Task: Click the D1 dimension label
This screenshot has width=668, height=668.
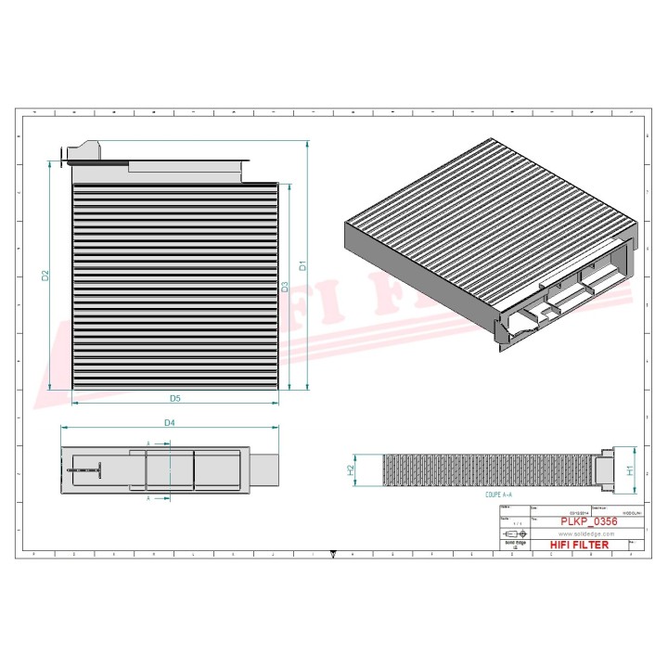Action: (x=302, y=265)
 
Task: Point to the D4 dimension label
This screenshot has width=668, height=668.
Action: (x=170, y=423)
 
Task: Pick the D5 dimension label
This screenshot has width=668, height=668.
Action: (x=174, y=399)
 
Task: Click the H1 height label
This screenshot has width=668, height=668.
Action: (x=631, y=469)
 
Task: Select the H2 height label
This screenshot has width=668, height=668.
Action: (x=351, y=470)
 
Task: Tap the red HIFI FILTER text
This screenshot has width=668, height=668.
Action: (x=580, y=545)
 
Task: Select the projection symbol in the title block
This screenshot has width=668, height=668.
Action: (x=511, y=536)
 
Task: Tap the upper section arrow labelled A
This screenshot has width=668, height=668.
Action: (x=149, y=443)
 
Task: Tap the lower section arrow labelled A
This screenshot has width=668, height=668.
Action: (x=149, y=497)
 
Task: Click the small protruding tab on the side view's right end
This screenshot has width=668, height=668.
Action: (x=265, y=469)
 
